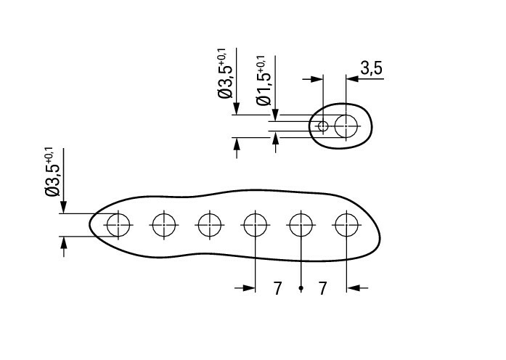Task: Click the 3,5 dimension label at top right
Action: [371, 68]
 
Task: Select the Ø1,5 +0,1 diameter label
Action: [264, 81]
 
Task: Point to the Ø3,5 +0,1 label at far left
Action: [52, 172]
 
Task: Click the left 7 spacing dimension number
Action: [277, 288]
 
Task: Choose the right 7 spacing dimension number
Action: [323, 288]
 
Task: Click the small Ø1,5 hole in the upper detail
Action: [323, 126]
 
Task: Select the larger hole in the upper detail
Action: [346, 126]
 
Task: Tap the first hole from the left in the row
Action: [118, 225]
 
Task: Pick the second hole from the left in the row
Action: [164, 225]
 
